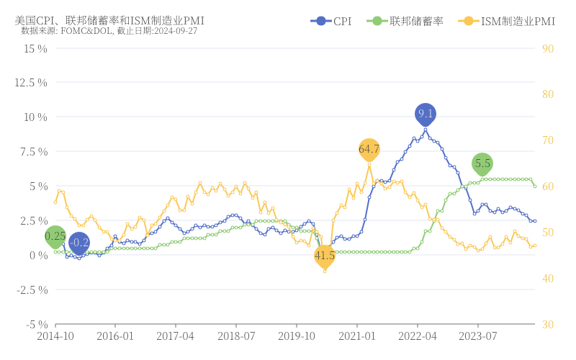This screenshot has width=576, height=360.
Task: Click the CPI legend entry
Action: [331, 22]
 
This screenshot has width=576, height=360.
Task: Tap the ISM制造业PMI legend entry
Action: [507, 22]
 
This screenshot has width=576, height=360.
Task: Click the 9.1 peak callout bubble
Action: [426, 114]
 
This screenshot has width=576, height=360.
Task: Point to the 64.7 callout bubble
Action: [369, 149]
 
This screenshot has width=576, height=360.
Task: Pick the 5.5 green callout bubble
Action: [482, 163]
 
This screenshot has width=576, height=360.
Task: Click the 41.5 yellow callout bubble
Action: [325, 255]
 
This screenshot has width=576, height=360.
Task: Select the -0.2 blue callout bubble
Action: [79, 243]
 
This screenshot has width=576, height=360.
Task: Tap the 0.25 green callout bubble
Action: [55, 235]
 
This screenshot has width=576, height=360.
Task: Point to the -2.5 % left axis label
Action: [30, 289]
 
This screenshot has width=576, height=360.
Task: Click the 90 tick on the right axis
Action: [547, 48]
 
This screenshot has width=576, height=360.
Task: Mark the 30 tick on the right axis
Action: [547, 324]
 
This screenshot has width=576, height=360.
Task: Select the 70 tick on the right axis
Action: [547, 140]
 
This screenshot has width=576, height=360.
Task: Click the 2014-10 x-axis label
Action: [55, 336]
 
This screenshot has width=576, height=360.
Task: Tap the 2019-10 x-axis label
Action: [297, 336]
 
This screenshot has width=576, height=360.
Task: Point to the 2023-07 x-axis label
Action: [478, 336]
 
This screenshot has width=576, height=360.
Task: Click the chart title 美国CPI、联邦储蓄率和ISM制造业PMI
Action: [109, 20]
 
